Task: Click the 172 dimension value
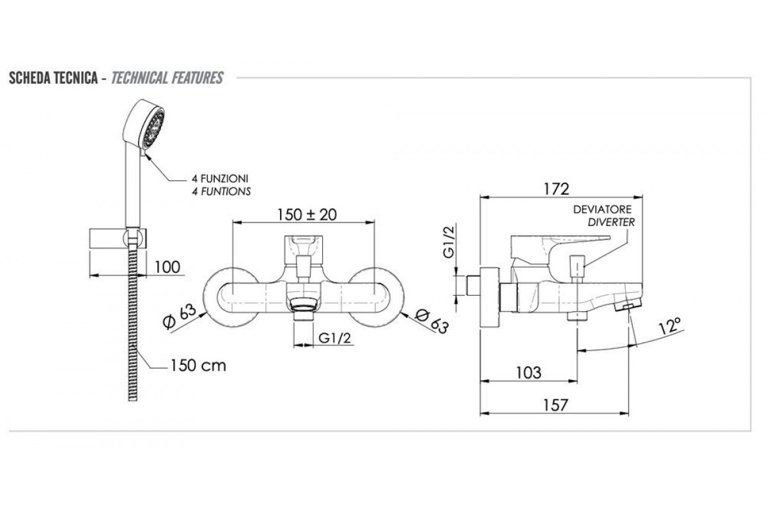click(x=557, y=189)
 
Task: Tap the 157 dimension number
click(x=555, y=405)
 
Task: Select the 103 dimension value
click(x=529, y=373)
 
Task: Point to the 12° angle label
click(x=670, y=326)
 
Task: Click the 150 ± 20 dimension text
click(x=307, y=215)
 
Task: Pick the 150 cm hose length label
click(x=198, y=365)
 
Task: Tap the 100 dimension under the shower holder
click(x=167, y=267)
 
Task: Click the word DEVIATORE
click(x=603, y=209)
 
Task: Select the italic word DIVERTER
click(x=612, y=222)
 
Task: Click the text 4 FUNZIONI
click(x=220, y=179)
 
